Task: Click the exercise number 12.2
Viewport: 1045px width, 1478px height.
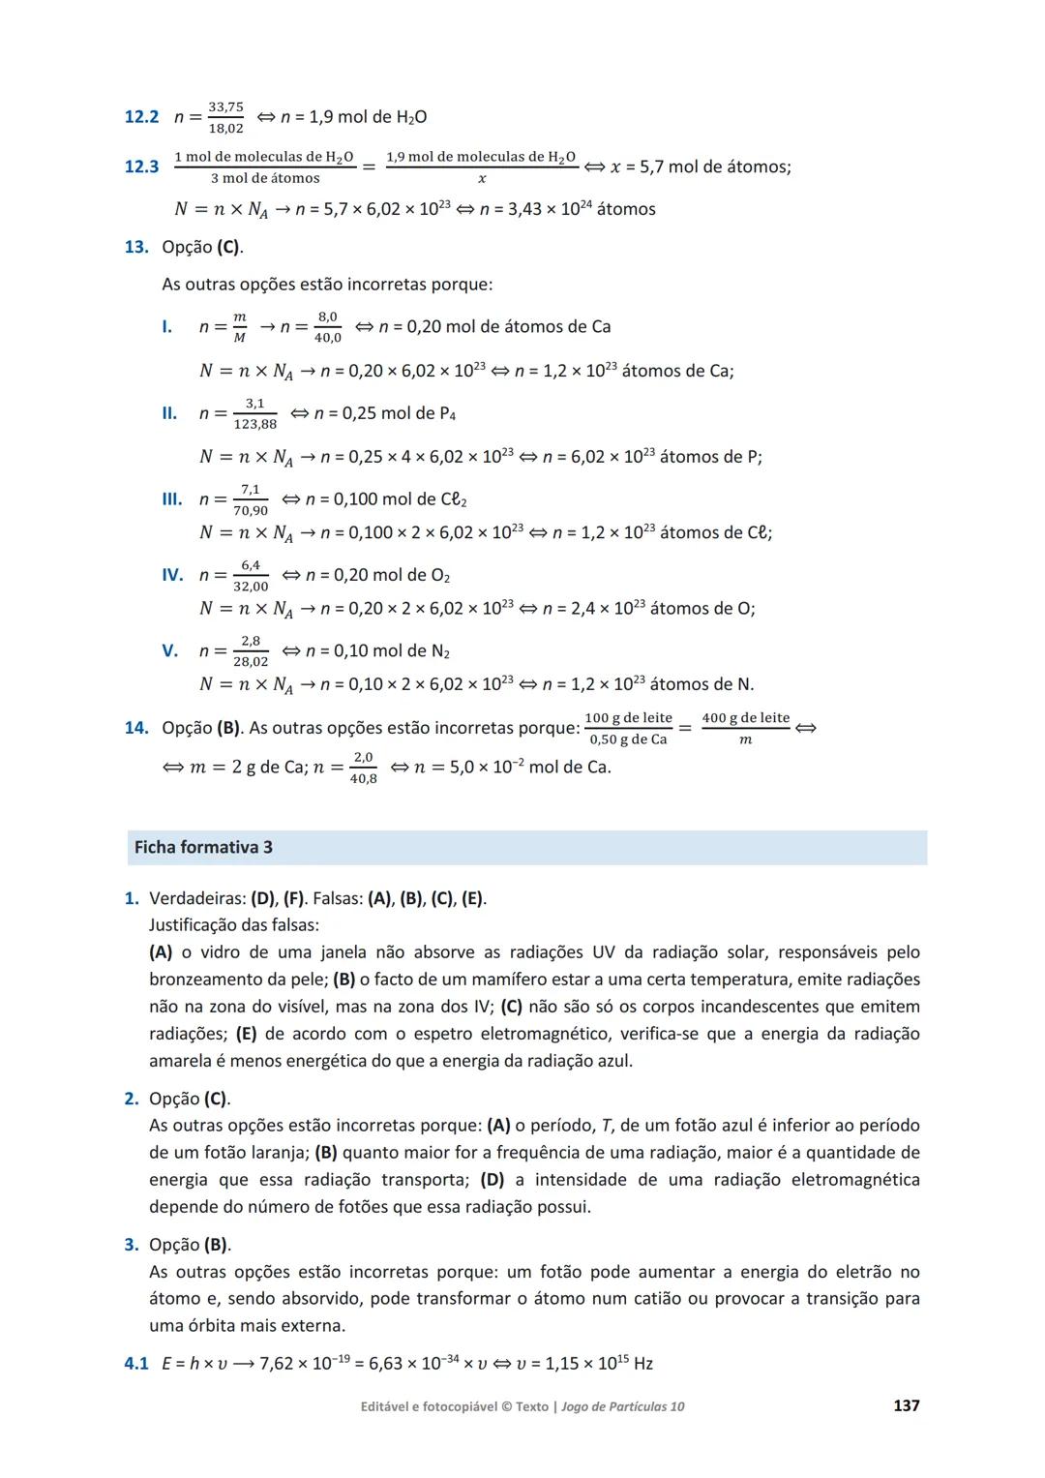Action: (141, 117)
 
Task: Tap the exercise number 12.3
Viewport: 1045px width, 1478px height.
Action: (141, 166)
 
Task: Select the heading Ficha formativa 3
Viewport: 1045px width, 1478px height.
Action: (203, 848)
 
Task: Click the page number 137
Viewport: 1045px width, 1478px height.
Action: (906, 1405)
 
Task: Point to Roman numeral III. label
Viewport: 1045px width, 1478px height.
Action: (171, 499)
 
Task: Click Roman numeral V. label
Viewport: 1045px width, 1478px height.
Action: (169, 650)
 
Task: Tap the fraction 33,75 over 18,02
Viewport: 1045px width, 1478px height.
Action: (226, 117)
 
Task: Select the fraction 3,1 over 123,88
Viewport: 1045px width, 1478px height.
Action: (254, 413)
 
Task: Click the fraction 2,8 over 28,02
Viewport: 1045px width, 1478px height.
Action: (251, 650)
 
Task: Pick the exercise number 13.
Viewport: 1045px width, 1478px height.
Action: (136, 247)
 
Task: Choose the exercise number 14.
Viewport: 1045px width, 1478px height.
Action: (136, 728)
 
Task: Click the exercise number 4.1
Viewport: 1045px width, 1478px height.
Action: (136, 1364)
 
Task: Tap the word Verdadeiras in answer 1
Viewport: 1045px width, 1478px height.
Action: (197, 898)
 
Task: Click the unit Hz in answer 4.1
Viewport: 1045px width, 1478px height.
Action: (643, 1364)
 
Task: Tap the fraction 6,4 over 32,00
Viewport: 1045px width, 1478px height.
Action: (251, 575)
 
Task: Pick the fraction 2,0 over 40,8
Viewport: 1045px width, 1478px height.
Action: (363, 768)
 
